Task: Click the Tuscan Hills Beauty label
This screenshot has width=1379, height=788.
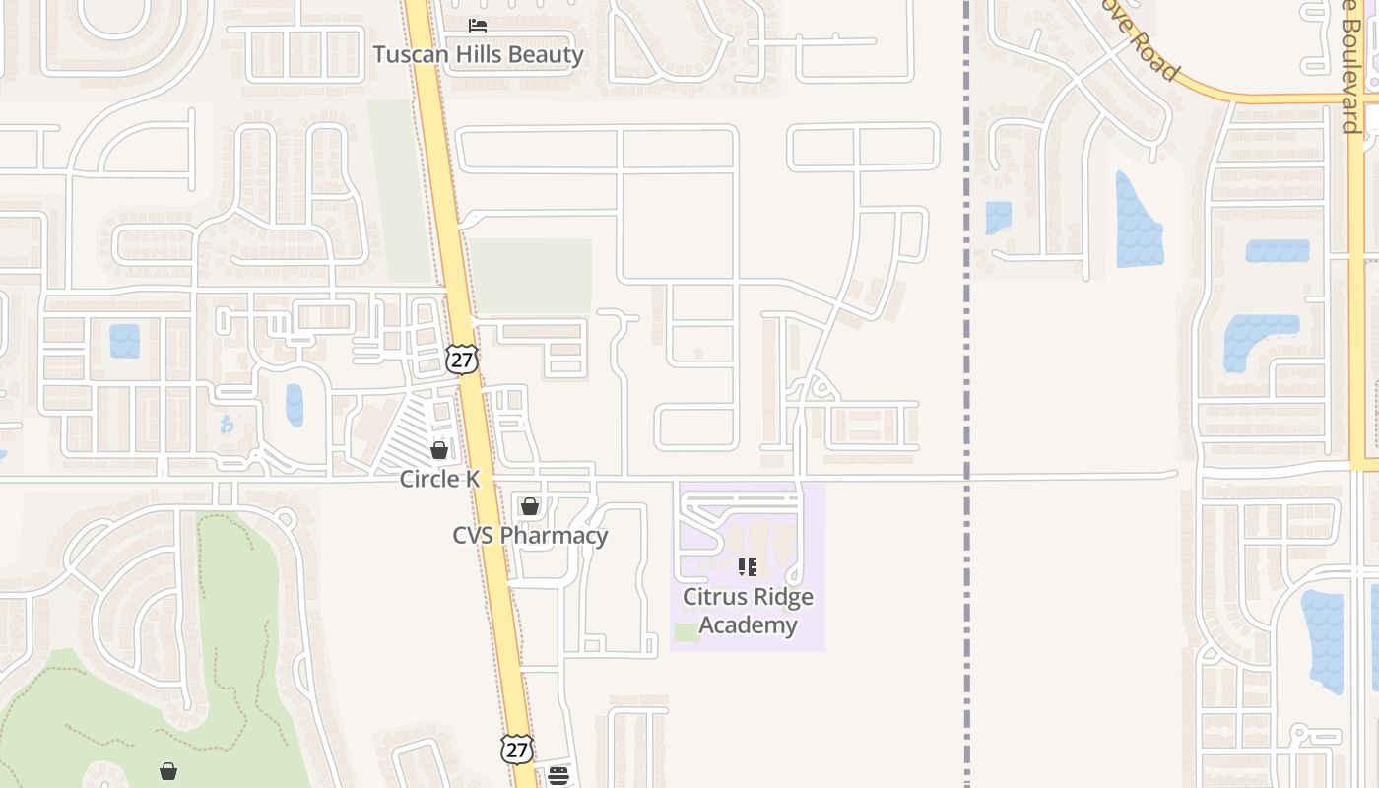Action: click(478, 54)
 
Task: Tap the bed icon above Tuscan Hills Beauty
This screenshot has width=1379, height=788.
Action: click(478, 25)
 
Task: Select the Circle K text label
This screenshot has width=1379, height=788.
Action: click(439, 479)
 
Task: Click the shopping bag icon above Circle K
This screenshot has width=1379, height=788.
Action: click(439, 450)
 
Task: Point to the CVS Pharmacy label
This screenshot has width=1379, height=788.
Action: click(530, 535)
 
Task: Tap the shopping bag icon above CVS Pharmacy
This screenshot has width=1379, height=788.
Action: click(530, 506)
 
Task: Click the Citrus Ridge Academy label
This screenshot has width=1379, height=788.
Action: click(748, 611)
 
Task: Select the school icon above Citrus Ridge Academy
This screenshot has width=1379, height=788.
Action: click(748, 566)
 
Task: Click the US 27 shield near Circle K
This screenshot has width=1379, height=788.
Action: click(461, 359)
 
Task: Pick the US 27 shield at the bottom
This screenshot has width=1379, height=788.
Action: click(516, 749)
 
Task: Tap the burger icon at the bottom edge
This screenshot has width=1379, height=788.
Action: click(558, 776)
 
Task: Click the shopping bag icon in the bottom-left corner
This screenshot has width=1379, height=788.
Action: click(168, 770)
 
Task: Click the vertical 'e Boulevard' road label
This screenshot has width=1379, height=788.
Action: click(1350, 69)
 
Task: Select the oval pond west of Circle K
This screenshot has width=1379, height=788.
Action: click(295, 405)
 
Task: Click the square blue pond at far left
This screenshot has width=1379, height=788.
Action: click(125, 341)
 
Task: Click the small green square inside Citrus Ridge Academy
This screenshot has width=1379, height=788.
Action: click(687, 632)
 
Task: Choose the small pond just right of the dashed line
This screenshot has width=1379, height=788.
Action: click(998, 217)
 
